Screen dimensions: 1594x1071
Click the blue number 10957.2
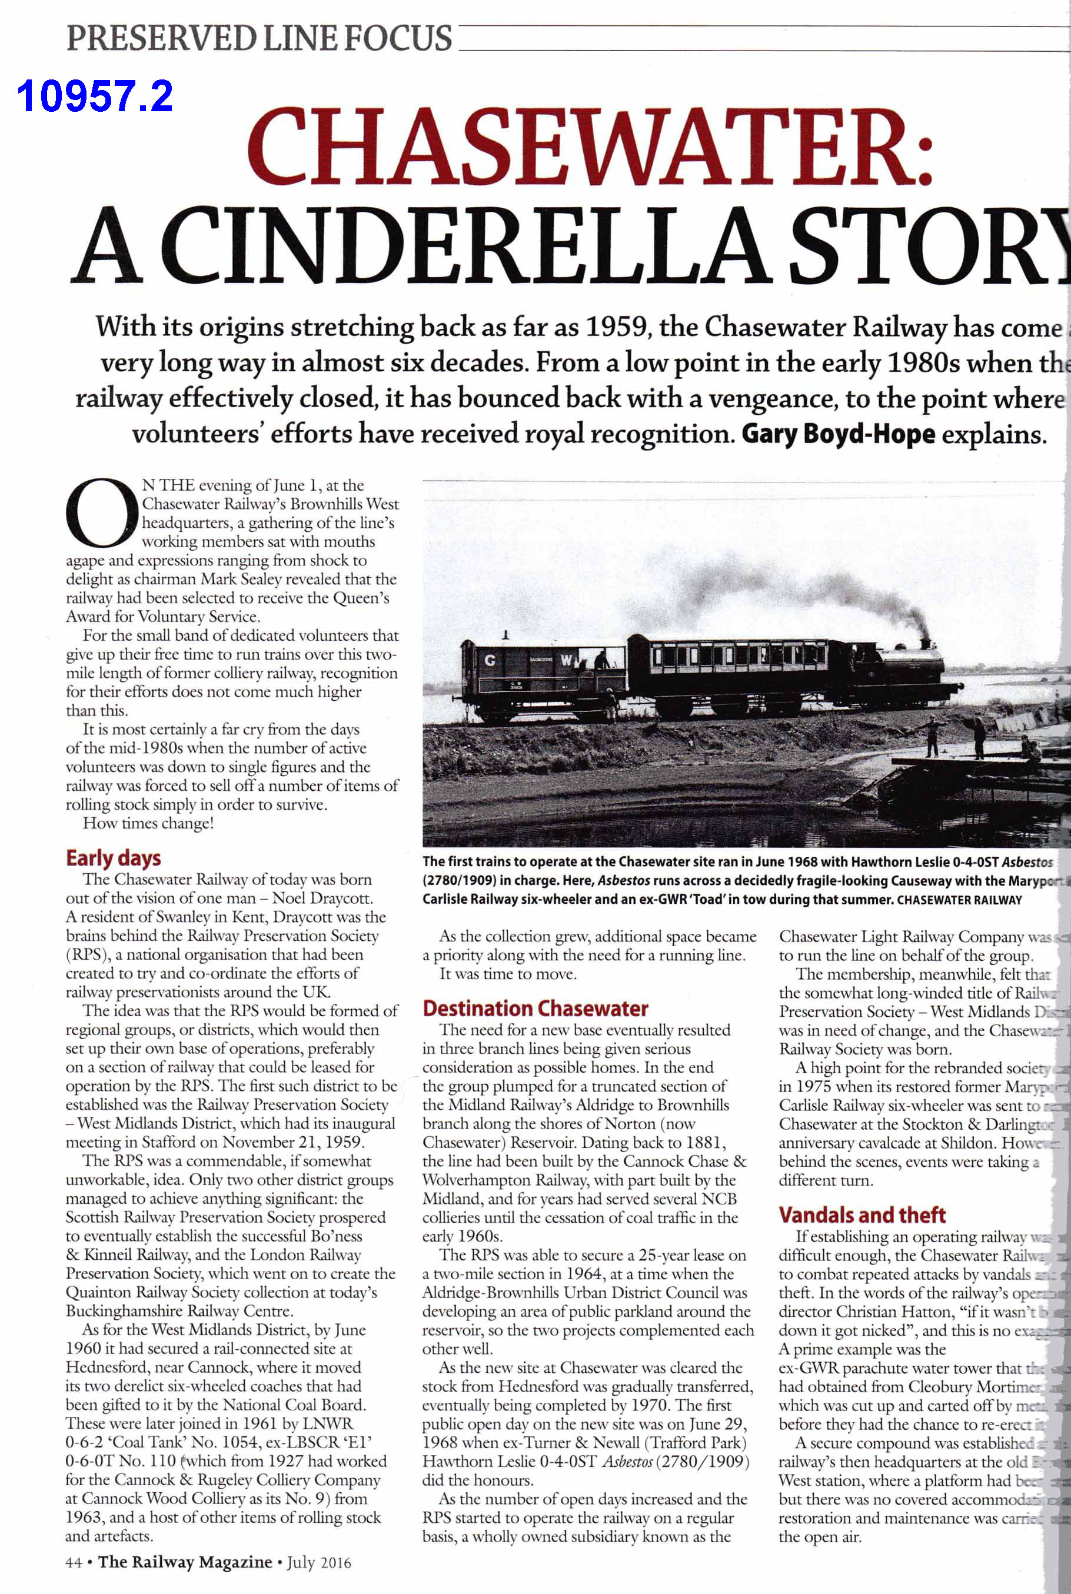pyautogui.click(x=94, y=96)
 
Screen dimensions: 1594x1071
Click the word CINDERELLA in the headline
pyautogui.click(x=465, y=247)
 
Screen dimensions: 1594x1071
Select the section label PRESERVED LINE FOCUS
pyautogui.click(x=259, y=38)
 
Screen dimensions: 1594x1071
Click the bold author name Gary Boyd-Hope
pyautogui.click(x=838, y=434)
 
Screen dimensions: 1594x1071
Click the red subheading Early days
pyautogui.click(x=114, y=858)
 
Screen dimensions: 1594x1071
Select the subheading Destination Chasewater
pyautogui.click(x=535, y=1009)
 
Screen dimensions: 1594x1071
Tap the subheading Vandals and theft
pyautogui.click(x=862, y=1215)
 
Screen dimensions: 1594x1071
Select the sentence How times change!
pyautogui.click(x=148, y=823)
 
